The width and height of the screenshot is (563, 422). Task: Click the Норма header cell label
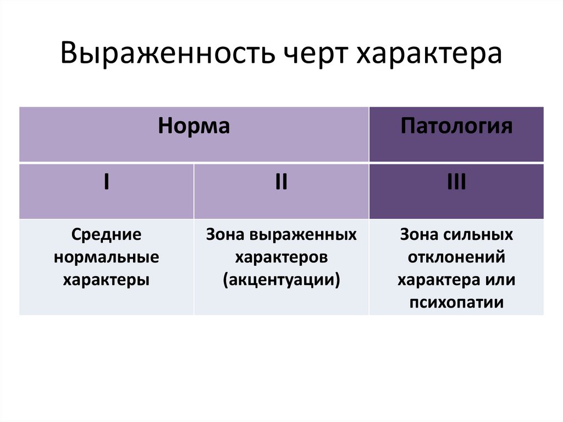194,127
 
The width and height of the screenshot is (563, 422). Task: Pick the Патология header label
456,127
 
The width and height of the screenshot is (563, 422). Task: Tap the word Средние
106,235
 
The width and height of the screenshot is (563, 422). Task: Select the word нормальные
106,257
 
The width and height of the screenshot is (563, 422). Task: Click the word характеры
106,279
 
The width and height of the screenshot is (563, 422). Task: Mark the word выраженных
302,235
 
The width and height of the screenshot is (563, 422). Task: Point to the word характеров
281,257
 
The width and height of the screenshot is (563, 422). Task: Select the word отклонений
456,257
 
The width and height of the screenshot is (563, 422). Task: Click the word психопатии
456,302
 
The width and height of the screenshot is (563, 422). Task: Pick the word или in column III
500,279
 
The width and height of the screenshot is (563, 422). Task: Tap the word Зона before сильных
419,235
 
